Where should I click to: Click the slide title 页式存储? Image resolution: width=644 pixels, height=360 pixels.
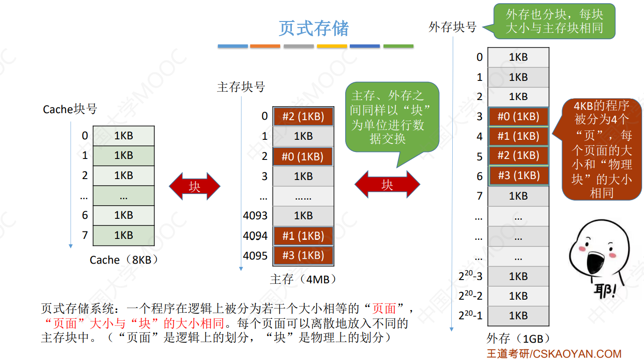pos(314,29)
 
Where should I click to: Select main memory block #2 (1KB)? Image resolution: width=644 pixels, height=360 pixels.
pos(303,116)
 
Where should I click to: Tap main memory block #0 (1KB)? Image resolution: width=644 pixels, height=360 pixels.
pos(303,157)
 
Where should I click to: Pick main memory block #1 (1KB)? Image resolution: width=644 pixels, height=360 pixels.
pos(303,236)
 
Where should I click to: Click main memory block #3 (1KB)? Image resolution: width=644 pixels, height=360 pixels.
pos(303,256)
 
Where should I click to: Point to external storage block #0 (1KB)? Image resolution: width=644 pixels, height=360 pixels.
pos(518,116)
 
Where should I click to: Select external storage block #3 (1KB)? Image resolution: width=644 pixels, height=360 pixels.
pos(518,176)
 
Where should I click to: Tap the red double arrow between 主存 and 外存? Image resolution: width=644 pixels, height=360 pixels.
pos(387,185)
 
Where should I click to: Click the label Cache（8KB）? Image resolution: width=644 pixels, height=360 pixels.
pos(124,260)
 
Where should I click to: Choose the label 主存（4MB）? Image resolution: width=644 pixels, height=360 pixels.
pos(303,280)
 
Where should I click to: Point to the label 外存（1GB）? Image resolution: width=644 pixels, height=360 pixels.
pos(518,338)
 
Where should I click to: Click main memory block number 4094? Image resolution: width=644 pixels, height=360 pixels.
pos(255,236)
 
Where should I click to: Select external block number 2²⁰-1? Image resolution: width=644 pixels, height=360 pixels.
pos(470,316)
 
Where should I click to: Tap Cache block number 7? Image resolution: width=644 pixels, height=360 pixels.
pos(85,235)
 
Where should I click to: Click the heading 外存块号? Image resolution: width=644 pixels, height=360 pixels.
pos(452,28)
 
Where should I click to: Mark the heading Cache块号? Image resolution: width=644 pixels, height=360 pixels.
pos(70,109)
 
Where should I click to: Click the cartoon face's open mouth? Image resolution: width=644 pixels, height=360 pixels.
pos(595,260)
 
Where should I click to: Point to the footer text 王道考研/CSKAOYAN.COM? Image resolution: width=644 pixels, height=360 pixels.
pos(554,354)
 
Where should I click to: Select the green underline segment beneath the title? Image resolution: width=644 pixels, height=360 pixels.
pos(398,46)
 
